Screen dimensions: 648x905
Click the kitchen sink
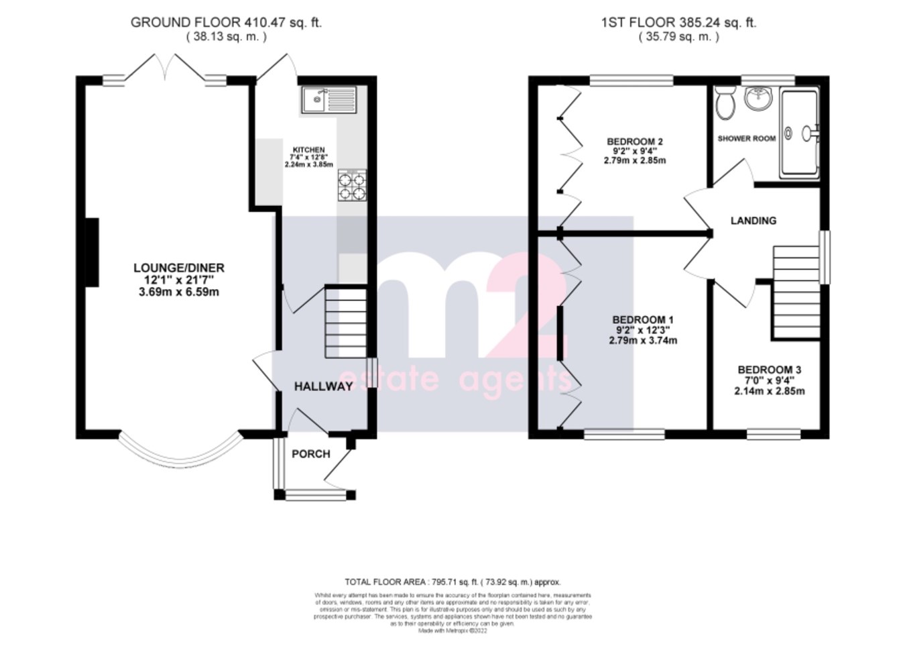328,100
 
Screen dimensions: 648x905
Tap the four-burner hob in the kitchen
353,186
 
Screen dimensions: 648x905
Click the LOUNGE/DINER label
178,268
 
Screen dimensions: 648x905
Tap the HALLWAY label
323,386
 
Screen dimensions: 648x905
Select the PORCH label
310,454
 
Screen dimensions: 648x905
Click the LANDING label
753,221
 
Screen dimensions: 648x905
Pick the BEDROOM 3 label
769,370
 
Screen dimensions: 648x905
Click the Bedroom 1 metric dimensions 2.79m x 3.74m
642,340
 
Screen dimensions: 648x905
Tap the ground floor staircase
346,322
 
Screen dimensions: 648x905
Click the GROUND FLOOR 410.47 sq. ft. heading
226,23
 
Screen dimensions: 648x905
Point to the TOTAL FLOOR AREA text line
452,582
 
